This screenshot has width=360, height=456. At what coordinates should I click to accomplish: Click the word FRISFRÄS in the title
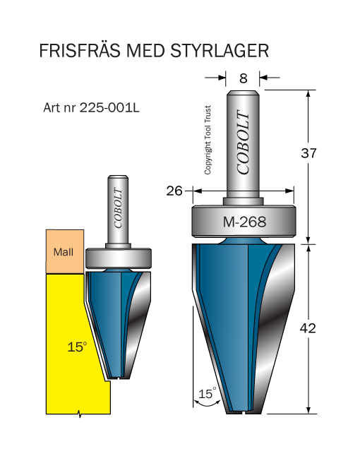(80, 51)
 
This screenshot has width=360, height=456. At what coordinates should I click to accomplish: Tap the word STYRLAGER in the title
(220, 51)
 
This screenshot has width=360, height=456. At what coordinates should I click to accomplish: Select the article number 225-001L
(109, 108)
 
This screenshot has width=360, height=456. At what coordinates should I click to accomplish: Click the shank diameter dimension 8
(244, 78)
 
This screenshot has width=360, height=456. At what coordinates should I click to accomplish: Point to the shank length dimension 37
(308, 153)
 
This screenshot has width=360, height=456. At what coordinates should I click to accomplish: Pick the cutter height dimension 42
(308, 328)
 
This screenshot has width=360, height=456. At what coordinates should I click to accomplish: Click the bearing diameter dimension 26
(174, 191)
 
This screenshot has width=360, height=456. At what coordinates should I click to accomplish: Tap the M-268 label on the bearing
(244, 222)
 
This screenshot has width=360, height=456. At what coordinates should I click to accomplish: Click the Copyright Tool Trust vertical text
(208, 140)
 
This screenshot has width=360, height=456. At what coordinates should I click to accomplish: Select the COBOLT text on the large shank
(243, 142)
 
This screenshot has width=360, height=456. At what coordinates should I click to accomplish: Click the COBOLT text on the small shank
(118, 208)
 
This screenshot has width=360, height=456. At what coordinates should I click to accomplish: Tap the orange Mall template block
(65, 251)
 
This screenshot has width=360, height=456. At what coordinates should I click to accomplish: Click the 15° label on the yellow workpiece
(77, 347)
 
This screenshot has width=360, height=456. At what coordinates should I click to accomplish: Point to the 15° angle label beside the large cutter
(208, 393)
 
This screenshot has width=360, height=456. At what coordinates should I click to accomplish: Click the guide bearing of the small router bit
(119, 258)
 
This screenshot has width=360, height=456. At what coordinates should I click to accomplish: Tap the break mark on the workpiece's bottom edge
(79, 414)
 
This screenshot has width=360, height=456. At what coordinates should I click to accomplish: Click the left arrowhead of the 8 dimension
(222, 78)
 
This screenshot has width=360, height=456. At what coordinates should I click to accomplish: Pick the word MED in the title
(145, 51)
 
